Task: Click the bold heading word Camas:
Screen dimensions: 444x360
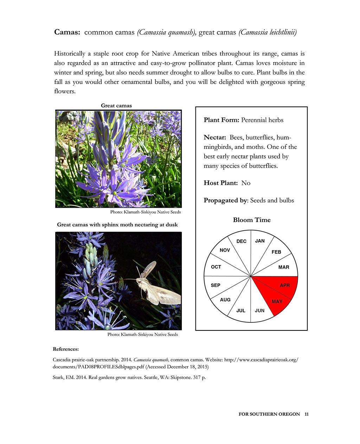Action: (67, 32)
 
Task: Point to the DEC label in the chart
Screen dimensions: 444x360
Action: (242, 241)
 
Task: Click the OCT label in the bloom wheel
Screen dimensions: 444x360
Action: (216, 267)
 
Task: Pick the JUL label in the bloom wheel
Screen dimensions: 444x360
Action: (241, 310)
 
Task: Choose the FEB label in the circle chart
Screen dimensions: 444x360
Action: (276, 252)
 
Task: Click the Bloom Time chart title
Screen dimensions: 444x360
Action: (252, 220)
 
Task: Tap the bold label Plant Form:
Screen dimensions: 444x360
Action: (221, 120)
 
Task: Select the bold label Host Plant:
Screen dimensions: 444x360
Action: (221, 183)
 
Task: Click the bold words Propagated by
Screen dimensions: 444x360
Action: (225, 200)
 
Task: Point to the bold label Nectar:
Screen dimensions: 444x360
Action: (215, 137)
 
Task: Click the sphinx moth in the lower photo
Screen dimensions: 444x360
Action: (155, 285)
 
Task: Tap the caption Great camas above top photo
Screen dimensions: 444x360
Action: (116, 105)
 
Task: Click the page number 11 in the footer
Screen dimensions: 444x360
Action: (307, 414)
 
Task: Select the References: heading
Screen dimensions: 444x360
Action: (66, 349)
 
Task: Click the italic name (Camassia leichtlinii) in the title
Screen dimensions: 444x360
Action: (268, 32)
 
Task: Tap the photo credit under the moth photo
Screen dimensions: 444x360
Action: (143, 334)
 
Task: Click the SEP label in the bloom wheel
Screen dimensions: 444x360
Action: (216, 285)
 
